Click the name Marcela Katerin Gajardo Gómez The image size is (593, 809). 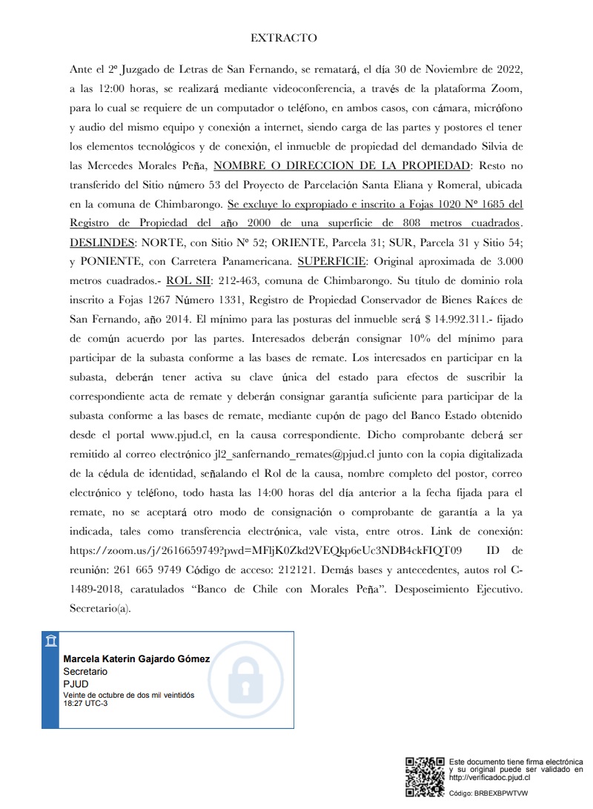click(136, 658)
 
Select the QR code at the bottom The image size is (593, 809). click(425, 776)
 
